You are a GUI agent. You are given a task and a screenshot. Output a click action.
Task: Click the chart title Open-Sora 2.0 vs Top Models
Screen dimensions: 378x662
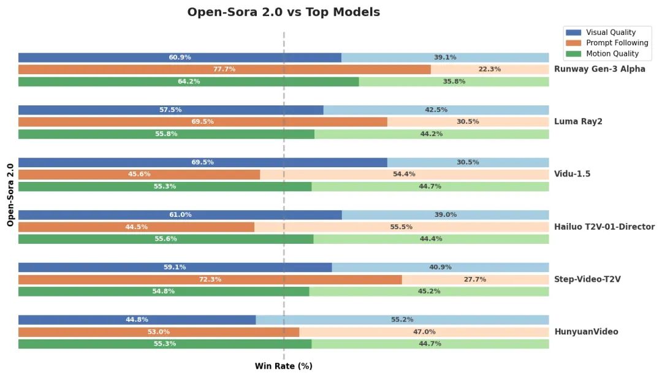pyautogui.click(x=283, y=12)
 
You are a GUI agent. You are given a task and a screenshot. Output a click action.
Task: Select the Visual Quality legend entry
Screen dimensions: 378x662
pyautogui.click(x=611, y=32)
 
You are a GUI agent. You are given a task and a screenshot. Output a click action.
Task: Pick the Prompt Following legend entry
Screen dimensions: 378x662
pyautogui.click(x=617, y=43)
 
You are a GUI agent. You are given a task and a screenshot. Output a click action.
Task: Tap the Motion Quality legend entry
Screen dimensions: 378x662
pyautogui.click(x=612, y=53)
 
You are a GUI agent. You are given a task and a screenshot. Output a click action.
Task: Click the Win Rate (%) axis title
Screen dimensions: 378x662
pyautogui.click(x=283, y=366)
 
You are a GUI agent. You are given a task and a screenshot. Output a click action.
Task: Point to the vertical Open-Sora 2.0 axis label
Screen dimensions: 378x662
pyautogui.click(x=10, y=195)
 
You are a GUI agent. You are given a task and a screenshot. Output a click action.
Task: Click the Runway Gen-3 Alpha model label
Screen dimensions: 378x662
pyautogui.click(x=599, y=69)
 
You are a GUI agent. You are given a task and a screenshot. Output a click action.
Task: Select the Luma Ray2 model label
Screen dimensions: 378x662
pyautogui.click(x=578, y=122)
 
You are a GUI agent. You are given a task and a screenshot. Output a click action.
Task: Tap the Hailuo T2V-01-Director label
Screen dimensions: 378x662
pyautogui.click(x=604, y=227)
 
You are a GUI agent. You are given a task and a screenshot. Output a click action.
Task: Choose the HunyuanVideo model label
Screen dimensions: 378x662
pyautogui.click(x=586, y=332)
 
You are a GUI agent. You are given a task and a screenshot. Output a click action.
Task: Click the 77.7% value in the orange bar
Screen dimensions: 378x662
pyautogui.click(x=224, y=69)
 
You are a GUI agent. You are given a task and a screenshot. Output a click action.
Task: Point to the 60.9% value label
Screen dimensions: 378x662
pyautogui.click(x=180, y=58)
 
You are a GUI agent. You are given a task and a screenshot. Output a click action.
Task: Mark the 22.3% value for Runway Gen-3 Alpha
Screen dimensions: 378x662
pyautogui.click(x=489, y=69)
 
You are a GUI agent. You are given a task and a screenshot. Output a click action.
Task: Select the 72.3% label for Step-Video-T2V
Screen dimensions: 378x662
pyautogui.click(x=210, y=279)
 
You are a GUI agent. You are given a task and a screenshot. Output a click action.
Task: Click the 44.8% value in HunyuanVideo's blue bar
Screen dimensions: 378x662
pyautogui.click(x=137, y=320)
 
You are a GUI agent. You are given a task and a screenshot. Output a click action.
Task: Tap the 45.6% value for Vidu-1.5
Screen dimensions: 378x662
pyautogui.click(x=139, y=175)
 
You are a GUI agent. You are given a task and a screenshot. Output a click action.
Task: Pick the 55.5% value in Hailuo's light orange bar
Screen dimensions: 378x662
pyautogui.click(x=401, y=227)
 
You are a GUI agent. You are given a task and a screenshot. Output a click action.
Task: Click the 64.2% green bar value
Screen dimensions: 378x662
pyautogui.click(x=189, y=81)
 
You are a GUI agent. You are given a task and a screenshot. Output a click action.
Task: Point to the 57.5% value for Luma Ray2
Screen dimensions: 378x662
pyautogui.click(x=170, y=110)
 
